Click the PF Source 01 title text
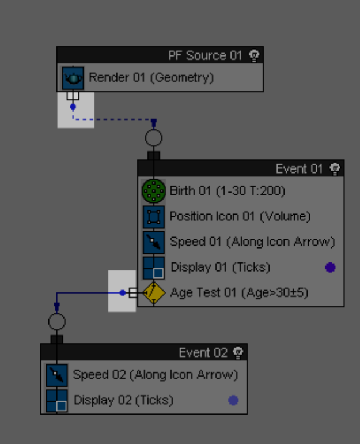tap(205, 55)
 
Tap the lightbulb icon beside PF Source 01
tap(254, 55)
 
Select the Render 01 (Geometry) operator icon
tap(73, 78)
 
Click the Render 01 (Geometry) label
tap(151, 77)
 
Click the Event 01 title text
tap(299, 168)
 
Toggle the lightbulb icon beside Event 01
tap(335, 168)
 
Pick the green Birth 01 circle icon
tap(153, 191)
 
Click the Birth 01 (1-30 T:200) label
tap(228, 190)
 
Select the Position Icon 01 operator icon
tap(153, 217)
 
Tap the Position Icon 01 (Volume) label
tap(240, 216)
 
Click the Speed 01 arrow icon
tap(153, 242)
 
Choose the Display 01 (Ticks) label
tap(220, 267)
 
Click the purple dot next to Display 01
tap(330, 267)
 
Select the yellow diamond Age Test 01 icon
tap(154, 292)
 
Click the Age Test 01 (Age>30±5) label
tap(239, 292)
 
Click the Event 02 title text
tap(203, 352)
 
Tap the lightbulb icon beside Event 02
tap(238, 352)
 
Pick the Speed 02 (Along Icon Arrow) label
tap(156, 375)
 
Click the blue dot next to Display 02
tap(233, 400)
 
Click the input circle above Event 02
tap(56, 322)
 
